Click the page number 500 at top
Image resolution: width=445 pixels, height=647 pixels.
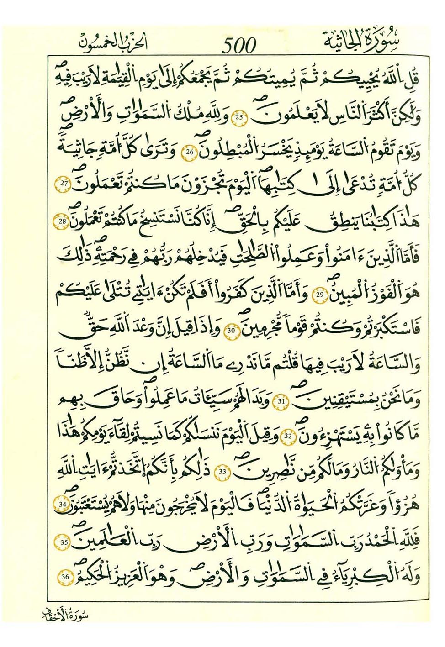pyautogui.click(x=239, y=45)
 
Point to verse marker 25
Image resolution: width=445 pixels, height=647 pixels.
pyautogui.click(x=239, y=117)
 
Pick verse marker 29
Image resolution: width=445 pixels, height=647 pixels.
pyautogui.click(x=320, y=294)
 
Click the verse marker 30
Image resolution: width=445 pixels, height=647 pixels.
pyautogui.click(x=232, y=330)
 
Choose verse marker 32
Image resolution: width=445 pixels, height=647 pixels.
pyautogui.click(x=289, y=436)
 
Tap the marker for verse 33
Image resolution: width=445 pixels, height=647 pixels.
pyautogui.click(x=222, y=472)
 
